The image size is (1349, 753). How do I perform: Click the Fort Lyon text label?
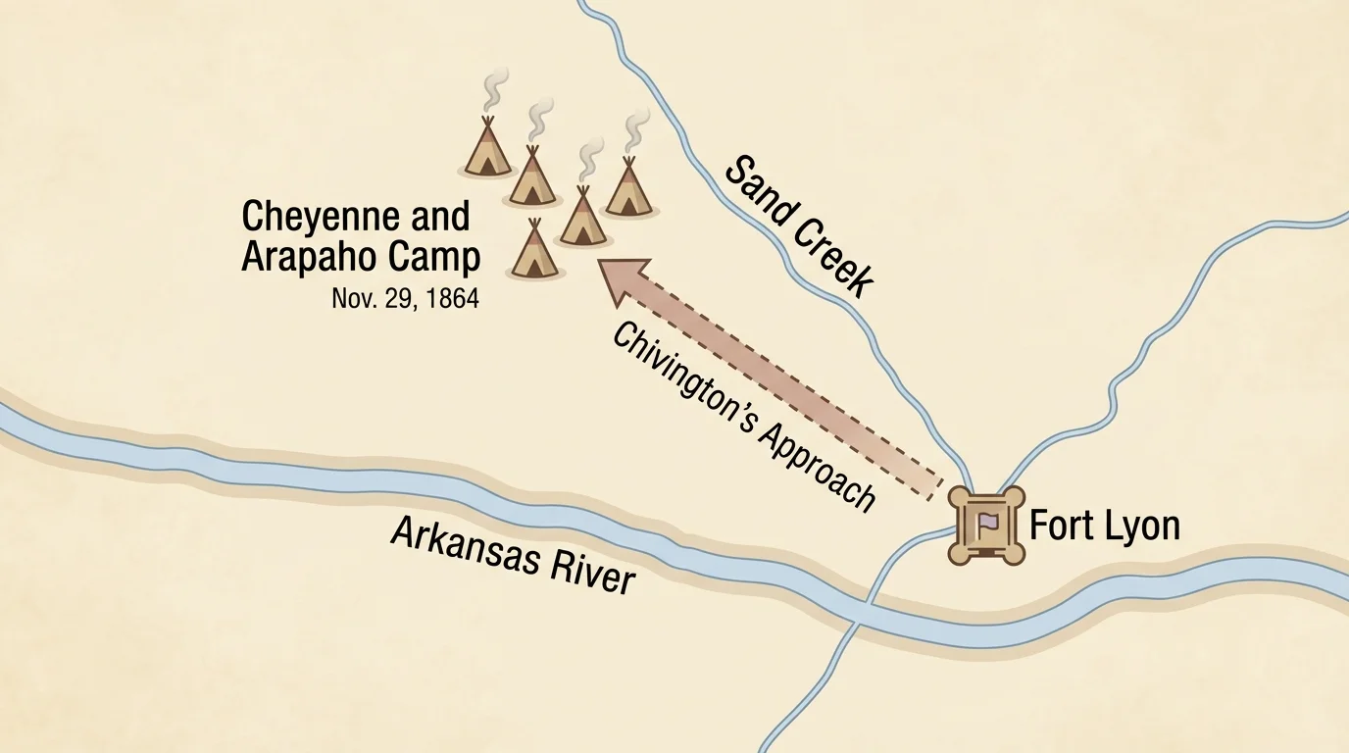1104,527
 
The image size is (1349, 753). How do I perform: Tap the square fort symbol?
986,526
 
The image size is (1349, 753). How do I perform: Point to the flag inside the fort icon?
987,524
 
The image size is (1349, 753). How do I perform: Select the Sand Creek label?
798,226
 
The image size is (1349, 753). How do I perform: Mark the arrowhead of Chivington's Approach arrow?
625,277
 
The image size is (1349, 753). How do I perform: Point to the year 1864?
449,298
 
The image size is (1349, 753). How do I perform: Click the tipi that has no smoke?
535,251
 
